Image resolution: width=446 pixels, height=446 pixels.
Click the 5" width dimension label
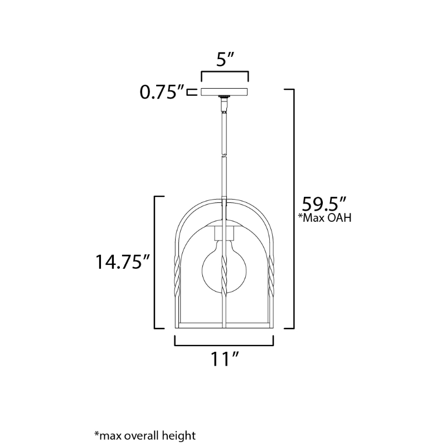(225, 60)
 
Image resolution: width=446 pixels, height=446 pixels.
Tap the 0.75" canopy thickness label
(162, 92)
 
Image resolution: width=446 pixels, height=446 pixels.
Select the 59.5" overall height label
(324, 204)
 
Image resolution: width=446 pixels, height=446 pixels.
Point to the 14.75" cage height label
(122, 261)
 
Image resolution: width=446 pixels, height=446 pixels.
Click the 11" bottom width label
(224, 359)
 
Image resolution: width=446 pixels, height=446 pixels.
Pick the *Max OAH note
(324, 218)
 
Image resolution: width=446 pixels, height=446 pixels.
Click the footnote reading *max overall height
(145, 436)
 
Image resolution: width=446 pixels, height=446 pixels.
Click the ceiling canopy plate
(224, 92)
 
